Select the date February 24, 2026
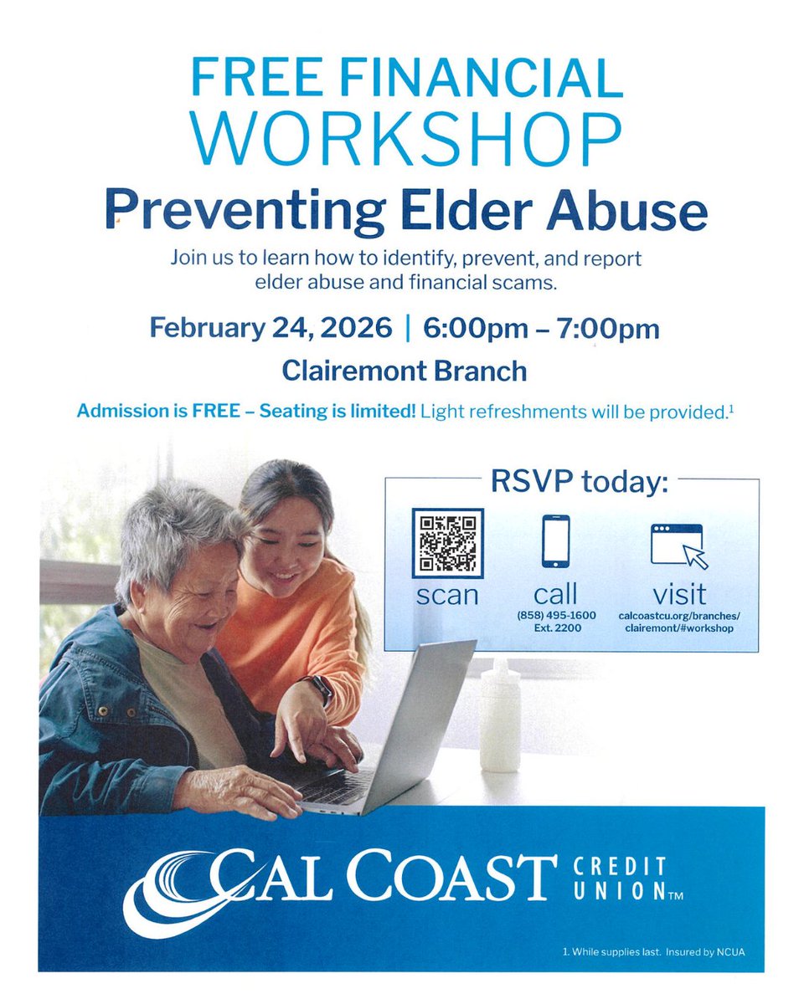271,327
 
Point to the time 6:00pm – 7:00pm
541,327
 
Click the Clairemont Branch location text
405,370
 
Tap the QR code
448,542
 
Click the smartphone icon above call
555,541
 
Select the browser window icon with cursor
679,546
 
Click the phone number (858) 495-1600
555,616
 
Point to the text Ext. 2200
555,628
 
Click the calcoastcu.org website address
679,622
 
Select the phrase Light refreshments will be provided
575,412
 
